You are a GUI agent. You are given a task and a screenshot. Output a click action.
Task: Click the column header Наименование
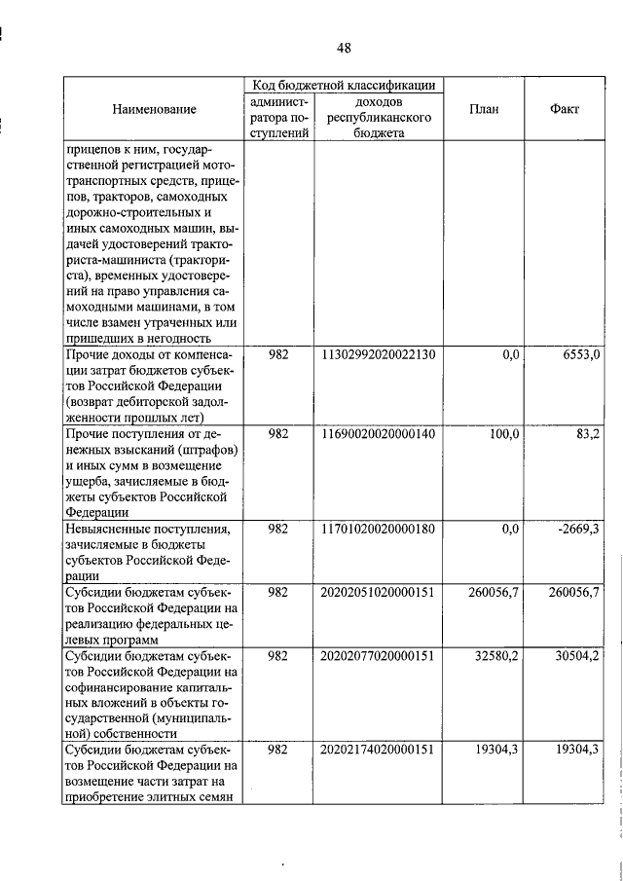[x=153, y=110]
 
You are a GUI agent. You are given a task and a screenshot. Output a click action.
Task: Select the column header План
[x=483, y=110]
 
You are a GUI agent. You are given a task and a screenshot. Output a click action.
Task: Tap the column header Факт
[x=565, y=110]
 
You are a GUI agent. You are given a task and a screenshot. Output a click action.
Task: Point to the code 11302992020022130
[x=377, y=356]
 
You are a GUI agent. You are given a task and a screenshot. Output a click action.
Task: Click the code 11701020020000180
[x=377, y=530]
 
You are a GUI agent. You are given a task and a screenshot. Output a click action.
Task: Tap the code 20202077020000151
[x=377, y=656]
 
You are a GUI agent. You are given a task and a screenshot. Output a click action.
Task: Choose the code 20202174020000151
[x=377, y=750]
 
